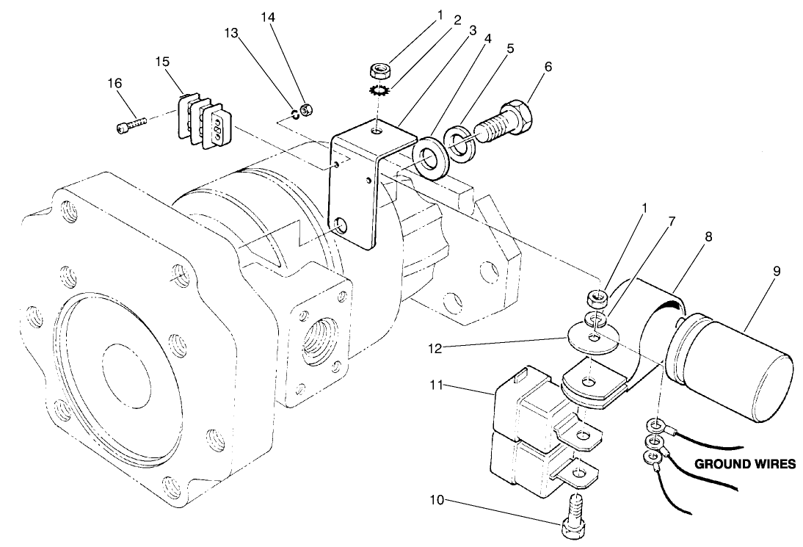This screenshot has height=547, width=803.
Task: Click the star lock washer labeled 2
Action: click(379, 91)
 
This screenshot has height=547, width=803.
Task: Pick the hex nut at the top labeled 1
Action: click(379, 71)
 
